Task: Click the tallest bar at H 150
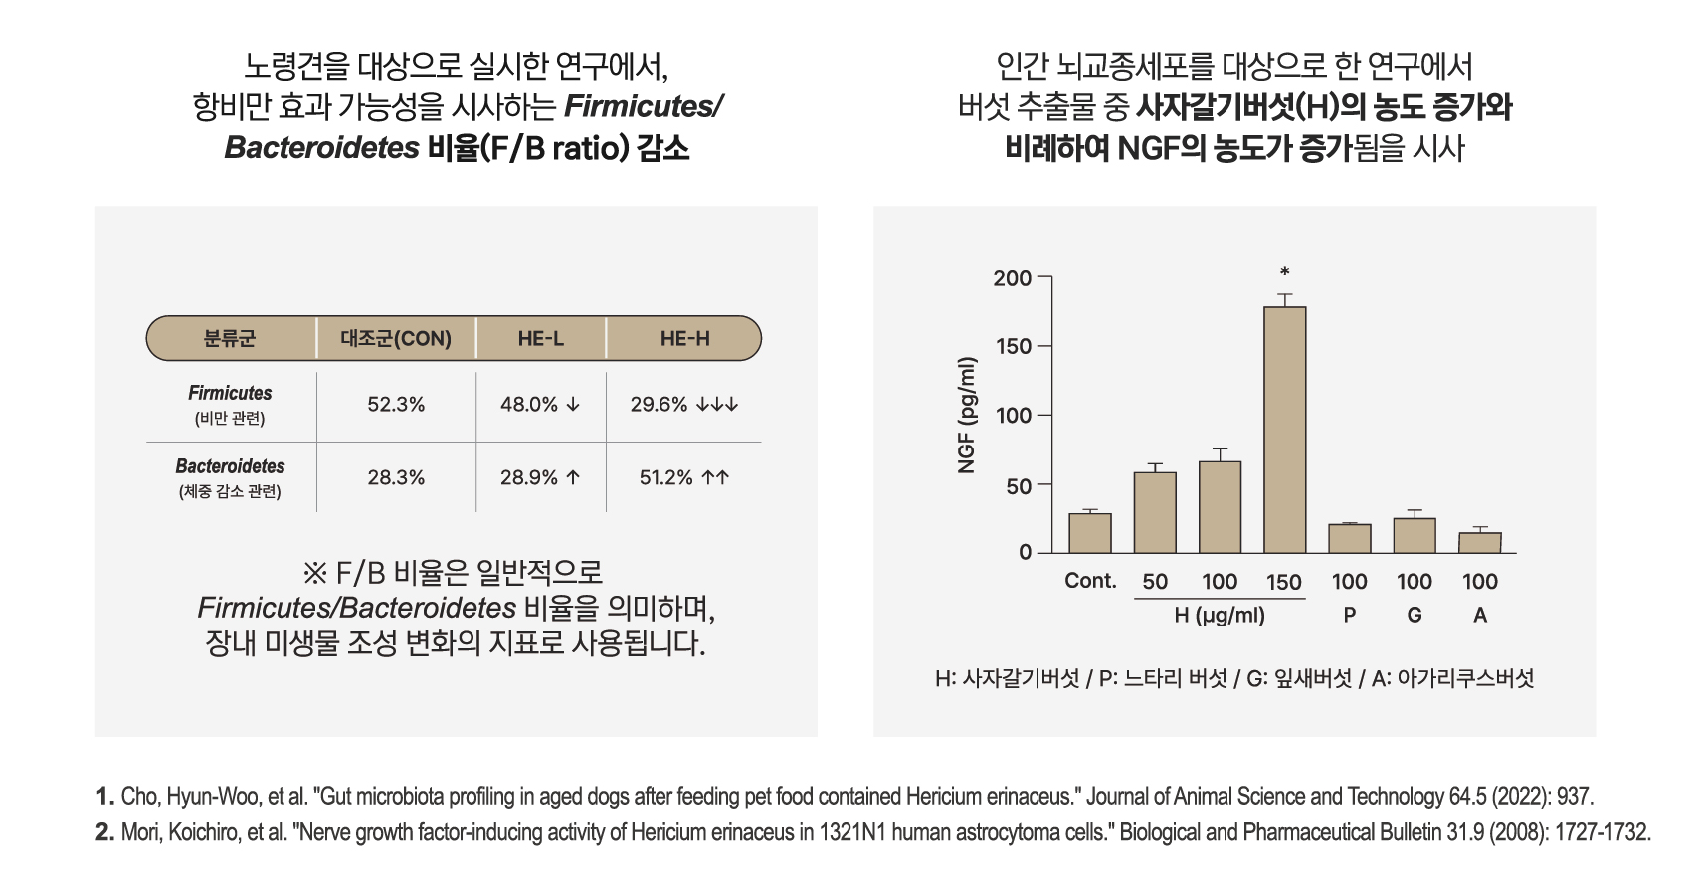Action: [x=1284, y=430]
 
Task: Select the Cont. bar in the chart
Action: [x=1089, y=533]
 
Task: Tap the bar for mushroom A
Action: [x=1479, y=542]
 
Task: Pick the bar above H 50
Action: [x=1155, y=512]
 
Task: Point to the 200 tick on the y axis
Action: [x=1012, y=278]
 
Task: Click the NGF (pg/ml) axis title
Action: [x=967, y=415]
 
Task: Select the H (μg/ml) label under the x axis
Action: [x=1220, y=616]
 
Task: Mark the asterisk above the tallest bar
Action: [x=1285, y=271]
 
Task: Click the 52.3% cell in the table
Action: [x=396, y=405]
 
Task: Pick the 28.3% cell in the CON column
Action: [x=396, y=478]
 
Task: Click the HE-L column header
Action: [x=540, y=339]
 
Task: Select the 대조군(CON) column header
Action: [x=396, y=339]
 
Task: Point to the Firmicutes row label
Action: [x=230, y=394]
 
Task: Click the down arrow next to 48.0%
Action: [x=573, y=405]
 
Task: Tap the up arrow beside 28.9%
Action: [x=573, y=478]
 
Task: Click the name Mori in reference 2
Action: [x=138, y=832]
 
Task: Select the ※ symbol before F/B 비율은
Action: [x=314, y=573]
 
